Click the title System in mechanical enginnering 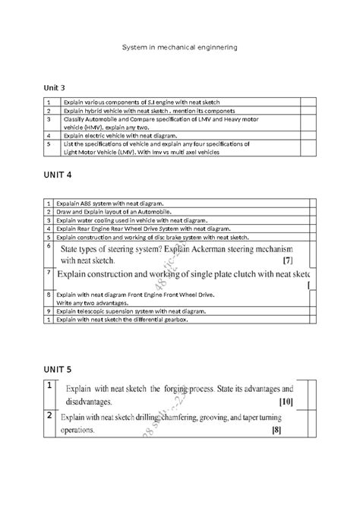tap(180, 47)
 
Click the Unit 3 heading tap(55, 88)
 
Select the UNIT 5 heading tap(58, 370)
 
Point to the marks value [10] tap(286, 401)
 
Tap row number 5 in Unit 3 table tap(48, 143)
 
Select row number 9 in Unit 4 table tap(48, 311)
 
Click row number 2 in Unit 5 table tap(48, 417)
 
